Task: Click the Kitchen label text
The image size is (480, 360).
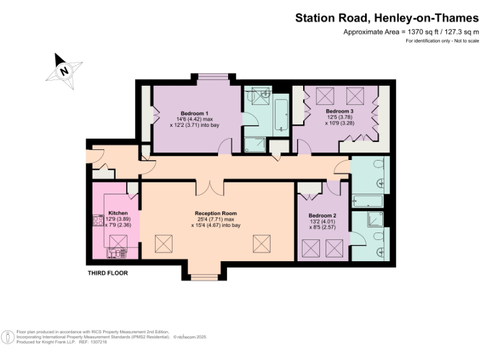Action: point(118,213)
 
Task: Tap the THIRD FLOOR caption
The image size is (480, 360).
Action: point(108,273)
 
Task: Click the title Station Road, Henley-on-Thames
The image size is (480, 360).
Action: point(387,18)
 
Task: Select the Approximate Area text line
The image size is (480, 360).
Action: point(411,32)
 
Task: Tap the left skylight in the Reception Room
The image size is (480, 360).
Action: point(164,244)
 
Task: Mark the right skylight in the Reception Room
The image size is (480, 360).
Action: point(262,244)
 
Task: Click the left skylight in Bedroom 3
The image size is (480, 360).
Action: point(324,96)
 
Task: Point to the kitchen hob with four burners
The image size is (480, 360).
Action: point(98,220)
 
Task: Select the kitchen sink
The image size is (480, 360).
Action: point(116,252)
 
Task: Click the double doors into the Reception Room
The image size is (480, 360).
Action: point(209,186)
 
